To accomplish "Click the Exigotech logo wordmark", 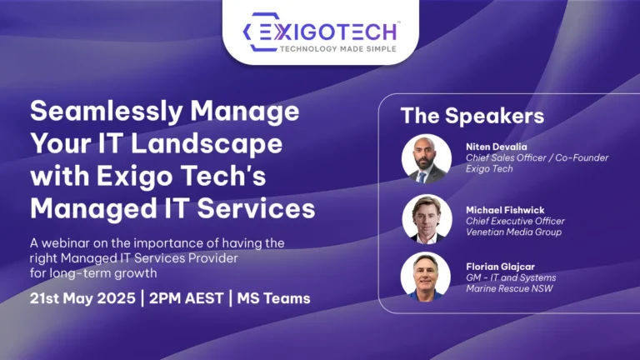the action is (x=327, y=32).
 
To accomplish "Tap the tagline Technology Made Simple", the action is (x=338, y=49).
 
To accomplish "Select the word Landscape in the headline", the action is (x=207, y=144).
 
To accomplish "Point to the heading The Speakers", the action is (x=472, y=116).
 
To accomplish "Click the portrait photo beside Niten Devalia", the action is (x=427, y=158).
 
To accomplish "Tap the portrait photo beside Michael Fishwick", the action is (x=427, y=219).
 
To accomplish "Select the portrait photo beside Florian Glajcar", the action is (x=426, y=277).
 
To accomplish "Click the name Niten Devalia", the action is (x=497, y=147).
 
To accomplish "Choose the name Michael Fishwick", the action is (x=505, y=210).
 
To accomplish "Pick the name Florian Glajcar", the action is (x=500, y=267).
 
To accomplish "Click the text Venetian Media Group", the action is (x=514, y=232).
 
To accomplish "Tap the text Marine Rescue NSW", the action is (x=509, y=288).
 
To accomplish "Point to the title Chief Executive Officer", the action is (x=516, y=221).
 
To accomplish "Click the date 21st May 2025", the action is (x=82, y=298).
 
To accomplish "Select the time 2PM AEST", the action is (x=186, y=298).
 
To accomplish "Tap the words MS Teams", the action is (x=274, y=298).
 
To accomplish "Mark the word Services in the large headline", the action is (x=257, y=208).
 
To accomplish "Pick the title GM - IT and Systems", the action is (x=511, y=277).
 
